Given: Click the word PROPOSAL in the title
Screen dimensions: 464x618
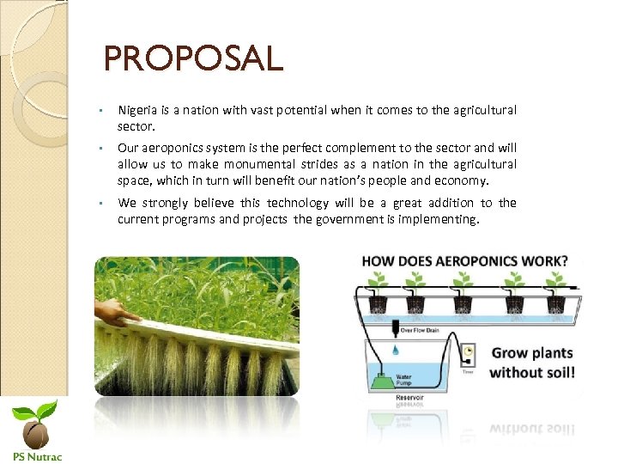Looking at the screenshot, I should click(x=193, y=59).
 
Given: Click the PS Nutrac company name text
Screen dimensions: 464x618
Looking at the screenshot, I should click(x=36, y=455).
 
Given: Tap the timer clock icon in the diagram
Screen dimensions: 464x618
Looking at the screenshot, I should click(x=469, y=351).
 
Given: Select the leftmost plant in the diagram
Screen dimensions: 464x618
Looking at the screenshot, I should click(x=375, y=282).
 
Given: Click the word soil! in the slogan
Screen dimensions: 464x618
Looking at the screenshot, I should click(x=555, y=372).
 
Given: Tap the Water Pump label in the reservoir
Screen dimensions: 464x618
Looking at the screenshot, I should click(x=403, y=375).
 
